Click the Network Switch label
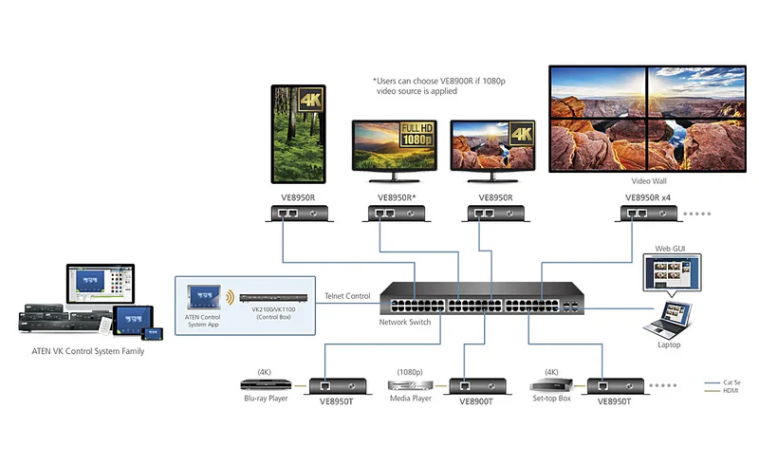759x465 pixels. (405, 322)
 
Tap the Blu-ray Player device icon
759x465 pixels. (266, 384)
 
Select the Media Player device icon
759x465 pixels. (410, 385)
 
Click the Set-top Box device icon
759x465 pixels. (551, 385)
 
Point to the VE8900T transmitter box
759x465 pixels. (478, 386)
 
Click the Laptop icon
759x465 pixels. (669, 319)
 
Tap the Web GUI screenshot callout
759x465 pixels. (673, 272)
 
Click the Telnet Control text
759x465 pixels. (347, 296)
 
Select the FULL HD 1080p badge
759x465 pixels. (417, 135)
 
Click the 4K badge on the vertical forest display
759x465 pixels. (310, 100)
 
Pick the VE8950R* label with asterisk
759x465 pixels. (397, 197)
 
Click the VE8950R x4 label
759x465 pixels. (648, 197)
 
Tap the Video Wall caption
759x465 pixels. (649, 181)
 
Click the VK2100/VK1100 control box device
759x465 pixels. (273, 298)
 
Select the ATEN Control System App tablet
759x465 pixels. (204, 297)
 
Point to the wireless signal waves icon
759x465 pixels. (231, 297)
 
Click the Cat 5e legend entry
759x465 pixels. (722, 382)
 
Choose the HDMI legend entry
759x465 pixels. (722, 390)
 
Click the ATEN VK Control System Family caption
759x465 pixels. (87, 351)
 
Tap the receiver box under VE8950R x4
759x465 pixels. (649, 214)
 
